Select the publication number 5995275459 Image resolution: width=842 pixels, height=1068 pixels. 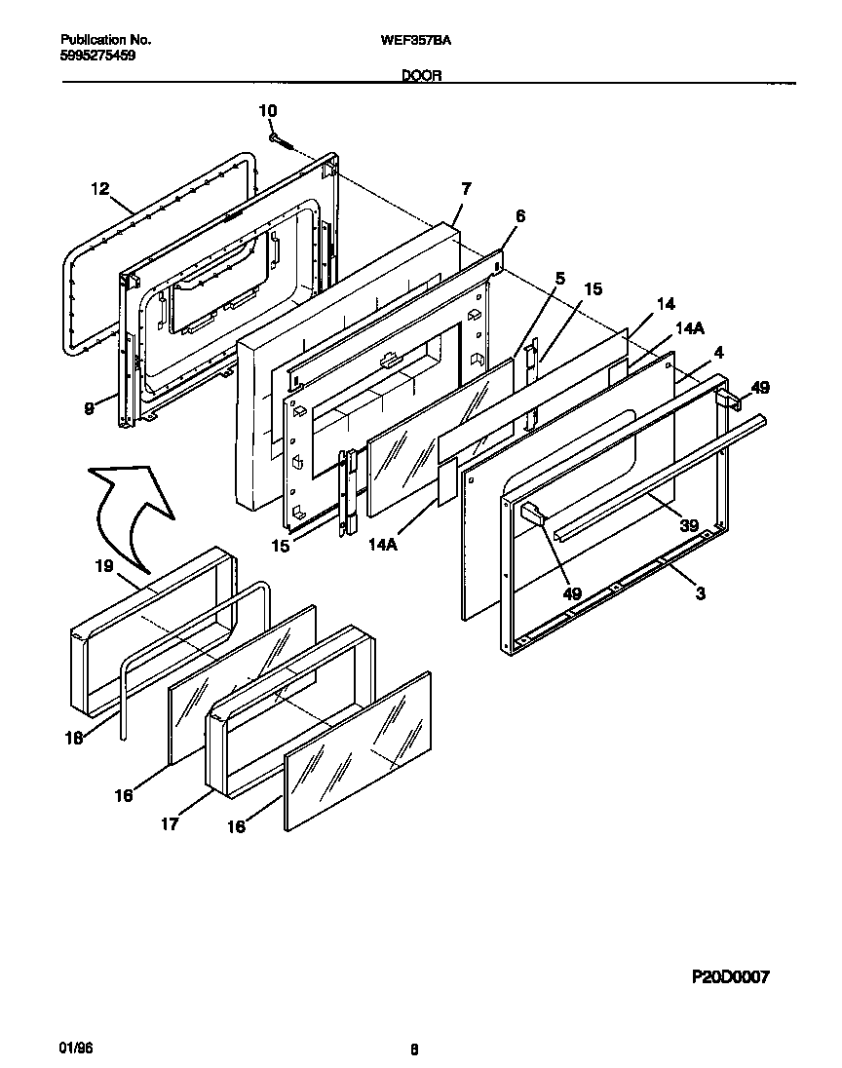coord(97,57)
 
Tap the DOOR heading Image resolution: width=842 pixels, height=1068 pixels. coord(422,75)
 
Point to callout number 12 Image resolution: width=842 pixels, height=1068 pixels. coord(99,189)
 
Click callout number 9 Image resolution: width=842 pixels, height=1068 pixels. coord(89,409)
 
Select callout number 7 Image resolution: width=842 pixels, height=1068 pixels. coord(466,187)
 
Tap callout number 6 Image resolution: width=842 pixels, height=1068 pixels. coord(519,215)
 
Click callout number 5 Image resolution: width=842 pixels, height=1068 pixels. coord(559,278)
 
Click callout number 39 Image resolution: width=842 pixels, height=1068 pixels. coord(689,526)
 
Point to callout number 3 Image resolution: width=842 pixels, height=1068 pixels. coord(699,593)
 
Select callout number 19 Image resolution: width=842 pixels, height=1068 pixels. coord(104,565)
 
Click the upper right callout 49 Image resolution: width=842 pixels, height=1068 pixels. coord(760,388)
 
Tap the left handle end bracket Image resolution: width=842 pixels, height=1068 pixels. coord(533,514)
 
